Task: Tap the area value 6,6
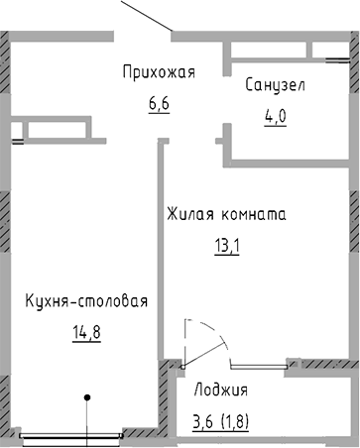pyautogui.click(x=160, y=102)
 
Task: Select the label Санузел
pyautogui.click(x=275, y=85)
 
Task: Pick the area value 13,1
pyautogui.click(x=227, y=243)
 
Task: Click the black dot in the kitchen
pyautogui.click(x=88, y=397)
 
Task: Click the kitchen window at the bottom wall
pyautogui.click(x=68, y=432)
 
